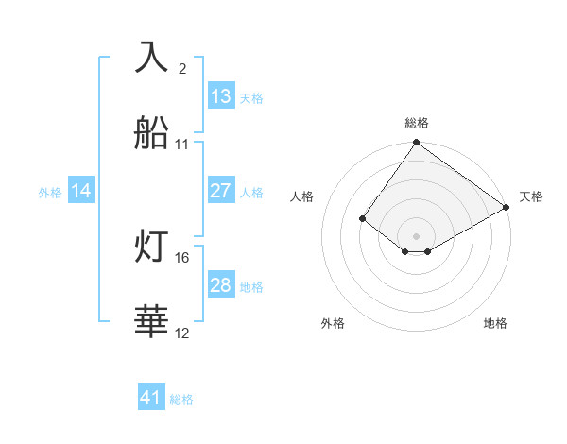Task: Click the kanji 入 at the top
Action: [x=153, y=58]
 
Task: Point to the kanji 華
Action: [x=153, y=322]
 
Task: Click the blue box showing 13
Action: [x=221, y=96]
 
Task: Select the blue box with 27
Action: [x=221, y=191]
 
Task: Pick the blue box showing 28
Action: [x=221, y=285]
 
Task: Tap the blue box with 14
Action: [x=81, y=191]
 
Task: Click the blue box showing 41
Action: [x=151, y=399]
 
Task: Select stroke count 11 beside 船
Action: [x=182, y=145]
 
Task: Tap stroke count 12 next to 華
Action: [x=182, y=333]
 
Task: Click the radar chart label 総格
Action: [x=417, y=123]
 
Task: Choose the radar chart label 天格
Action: [x=531, y=196]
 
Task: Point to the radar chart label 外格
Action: [x=333, y=324]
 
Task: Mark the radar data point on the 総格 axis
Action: [x=417, y=144]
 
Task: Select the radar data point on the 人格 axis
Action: [x=362, y=219]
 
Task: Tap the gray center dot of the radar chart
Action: [x=417, y=235]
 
